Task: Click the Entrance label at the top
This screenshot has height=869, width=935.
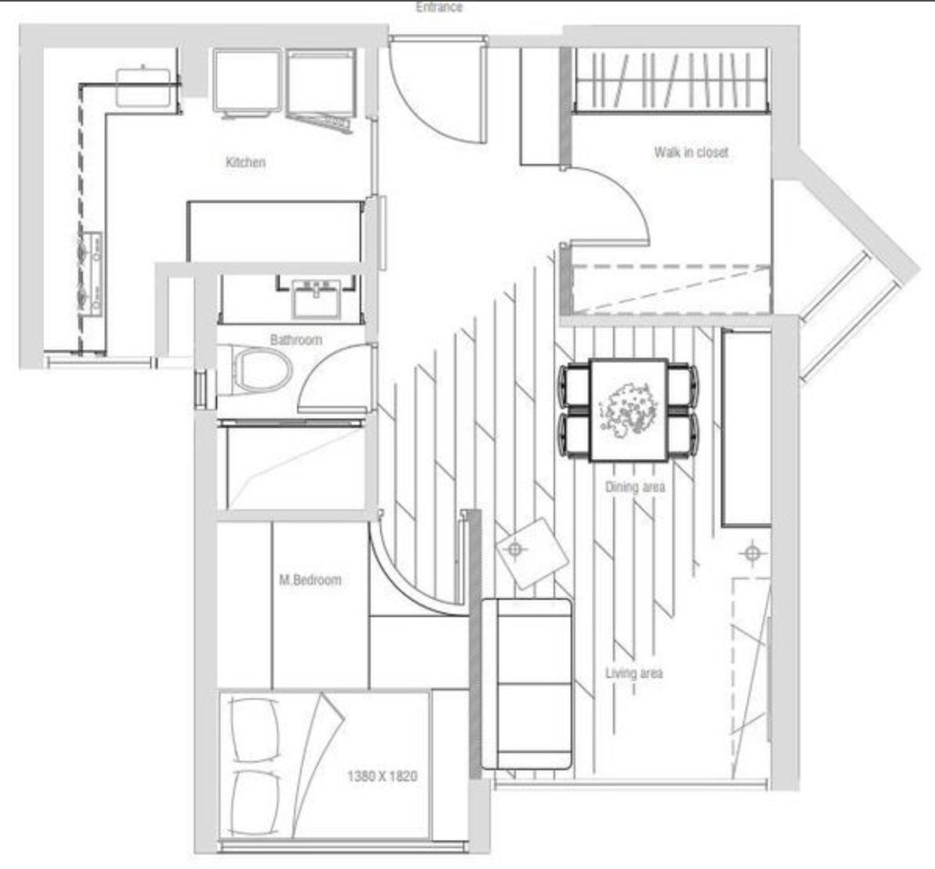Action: click(x=439, y=7)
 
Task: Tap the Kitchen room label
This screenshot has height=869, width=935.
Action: click(x=245, y=162)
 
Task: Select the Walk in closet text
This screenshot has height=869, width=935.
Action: click(x=691, y=152)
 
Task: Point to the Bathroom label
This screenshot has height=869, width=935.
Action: click(x=296, y=340)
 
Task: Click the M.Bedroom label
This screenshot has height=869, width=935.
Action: click(x=310, y=580)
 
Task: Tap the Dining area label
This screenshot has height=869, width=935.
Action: click(x=635, y=487)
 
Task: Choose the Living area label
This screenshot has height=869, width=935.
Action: click(x=634, y=674)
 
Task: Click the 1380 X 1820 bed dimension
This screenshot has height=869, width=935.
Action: click(x=382, y=776)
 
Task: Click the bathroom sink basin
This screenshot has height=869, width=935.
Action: click(x=316, y=298)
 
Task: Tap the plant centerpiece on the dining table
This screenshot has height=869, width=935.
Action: click(x=628, y=411)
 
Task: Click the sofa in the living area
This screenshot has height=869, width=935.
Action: click(x=527, y=685)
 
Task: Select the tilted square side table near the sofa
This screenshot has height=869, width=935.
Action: click(x=532, y=553)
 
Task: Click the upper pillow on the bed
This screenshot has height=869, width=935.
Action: click(x=255, y=731)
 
